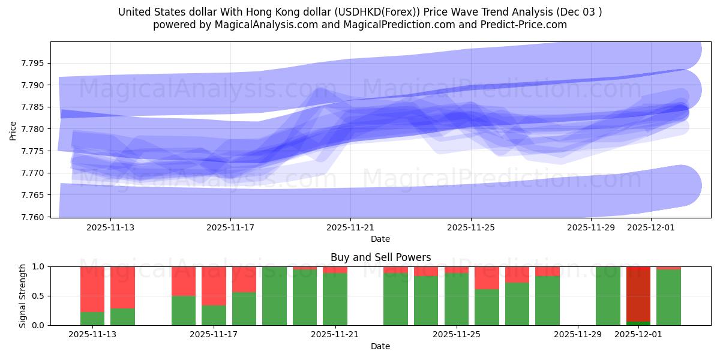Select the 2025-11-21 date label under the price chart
350,228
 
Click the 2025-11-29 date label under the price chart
590,228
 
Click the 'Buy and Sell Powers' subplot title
380,257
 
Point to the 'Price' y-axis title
13,130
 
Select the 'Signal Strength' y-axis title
23,296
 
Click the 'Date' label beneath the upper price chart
380,239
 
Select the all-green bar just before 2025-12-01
608,296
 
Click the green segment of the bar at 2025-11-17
214,316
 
